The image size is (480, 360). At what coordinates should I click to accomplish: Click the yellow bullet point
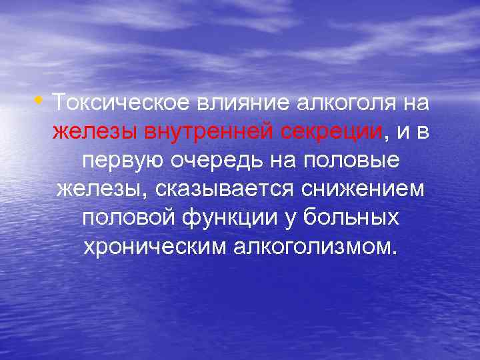pos(43,102)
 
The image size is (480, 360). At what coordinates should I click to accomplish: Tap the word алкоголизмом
pos(314,248)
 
